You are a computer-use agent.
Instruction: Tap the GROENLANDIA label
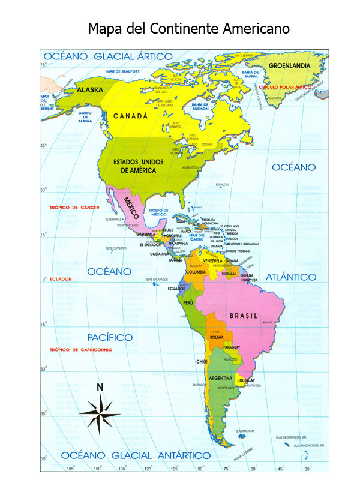(x=289, y=65)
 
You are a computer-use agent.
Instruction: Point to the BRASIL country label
(x=244, y=316)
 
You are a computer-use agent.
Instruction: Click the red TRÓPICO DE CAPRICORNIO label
(x=81, y=350)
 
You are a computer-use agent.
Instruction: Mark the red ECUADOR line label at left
(x=61, y=279)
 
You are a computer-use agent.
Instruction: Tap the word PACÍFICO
(x=110, y=337)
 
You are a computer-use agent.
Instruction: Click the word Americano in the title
(x=253, y=28)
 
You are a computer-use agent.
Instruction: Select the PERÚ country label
(x=188, y=304)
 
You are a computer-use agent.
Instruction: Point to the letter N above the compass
(x=100, y=386)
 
